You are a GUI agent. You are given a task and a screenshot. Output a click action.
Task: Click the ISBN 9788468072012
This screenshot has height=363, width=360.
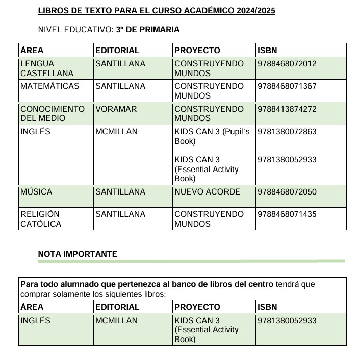[x=287, y=64]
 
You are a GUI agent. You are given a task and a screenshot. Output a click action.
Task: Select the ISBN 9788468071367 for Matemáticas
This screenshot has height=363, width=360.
[x=287, y=86]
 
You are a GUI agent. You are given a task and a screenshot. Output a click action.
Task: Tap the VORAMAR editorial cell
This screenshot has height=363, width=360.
[x=116, y=109]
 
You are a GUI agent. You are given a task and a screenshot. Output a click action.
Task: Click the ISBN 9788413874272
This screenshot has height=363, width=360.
[x=287, y=109]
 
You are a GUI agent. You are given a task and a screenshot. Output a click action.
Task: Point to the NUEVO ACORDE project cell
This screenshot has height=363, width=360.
[x=207, y=192]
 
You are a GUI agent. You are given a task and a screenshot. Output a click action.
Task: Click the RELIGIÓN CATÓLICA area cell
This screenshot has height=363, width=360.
[x=41, y=219]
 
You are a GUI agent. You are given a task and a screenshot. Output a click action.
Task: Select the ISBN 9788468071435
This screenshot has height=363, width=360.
[x=287, y=214]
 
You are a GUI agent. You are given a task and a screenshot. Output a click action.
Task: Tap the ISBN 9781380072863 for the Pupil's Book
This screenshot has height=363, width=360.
[x=287, y=132]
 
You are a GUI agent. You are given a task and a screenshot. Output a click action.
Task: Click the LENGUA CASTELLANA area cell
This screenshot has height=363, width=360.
[x=47, y=68]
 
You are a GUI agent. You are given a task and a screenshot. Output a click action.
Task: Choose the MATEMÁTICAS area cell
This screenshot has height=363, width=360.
[x=50, y=86]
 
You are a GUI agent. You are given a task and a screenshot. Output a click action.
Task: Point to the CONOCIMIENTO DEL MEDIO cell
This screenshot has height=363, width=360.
[x=52, y=113]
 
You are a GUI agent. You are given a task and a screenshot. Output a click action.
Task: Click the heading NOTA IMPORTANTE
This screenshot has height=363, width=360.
[x=78, y=254]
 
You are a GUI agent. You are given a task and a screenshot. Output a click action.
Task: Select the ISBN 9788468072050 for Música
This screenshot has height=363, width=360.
[x=287, y=192]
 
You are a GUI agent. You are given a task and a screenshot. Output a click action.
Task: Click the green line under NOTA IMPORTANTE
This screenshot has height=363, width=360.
[x=191, y=261]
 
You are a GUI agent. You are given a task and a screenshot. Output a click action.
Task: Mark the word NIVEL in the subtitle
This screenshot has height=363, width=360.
[x=49, y=30]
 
